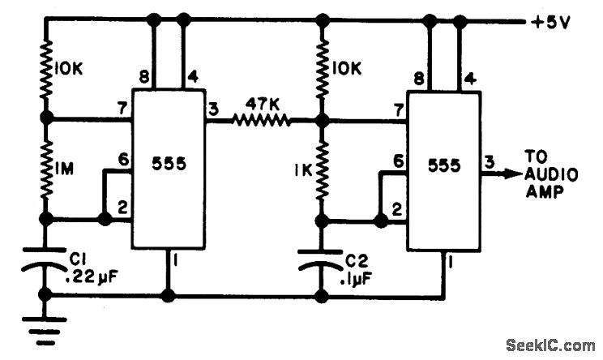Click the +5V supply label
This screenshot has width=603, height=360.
(x=552, y=23)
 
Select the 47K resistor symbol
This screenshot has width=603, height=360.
(x=261, y=121)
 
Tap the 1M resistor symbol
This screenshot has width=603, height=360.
(x=45, y=168)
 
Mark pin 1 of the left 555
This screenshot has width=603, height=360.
(x=173, y=260)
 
